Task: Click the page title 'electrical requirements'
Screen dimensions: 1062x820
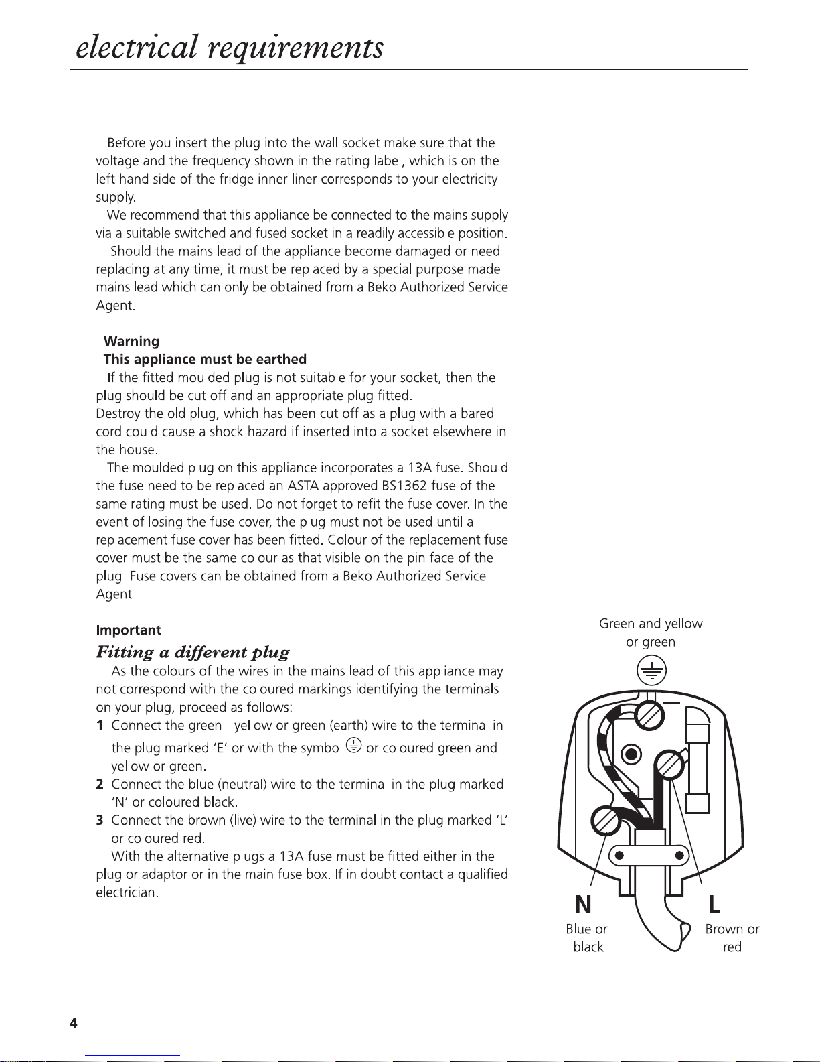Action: point(230,47)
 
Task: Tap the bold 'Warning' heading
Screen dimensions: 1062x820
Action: point(131,341)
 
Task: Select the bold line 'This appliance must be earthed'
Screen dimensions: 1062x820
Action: point(205,359)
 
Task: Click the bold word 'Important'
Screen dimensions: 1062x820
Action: point(129,630)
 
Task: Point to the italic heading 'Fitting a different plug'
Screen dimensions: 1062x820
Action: point(193,652)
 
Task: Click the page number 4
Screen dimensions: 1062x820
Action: point(74,1023)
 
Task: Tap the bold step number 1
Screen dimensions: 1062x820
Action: point(100,726)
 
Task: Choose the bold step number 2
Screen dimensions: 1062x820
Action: point(100,784)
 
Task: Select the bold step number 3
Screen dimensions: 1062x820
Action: point(100,820)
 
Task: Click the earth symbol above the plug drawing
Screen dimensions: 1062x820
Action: point(651,671)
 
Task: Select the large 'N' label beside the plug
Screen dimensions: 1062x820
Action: point(583,905)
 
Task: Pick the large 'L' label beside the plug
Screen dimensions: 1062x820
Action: point(714,905)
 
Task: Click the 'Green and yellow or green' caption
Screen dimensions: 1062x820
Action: point(651,633)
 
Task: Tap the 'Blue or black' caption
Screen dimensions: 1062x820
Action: point(587,938)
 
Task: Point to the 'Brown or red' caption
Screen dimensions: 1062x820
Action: point(732,938)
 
